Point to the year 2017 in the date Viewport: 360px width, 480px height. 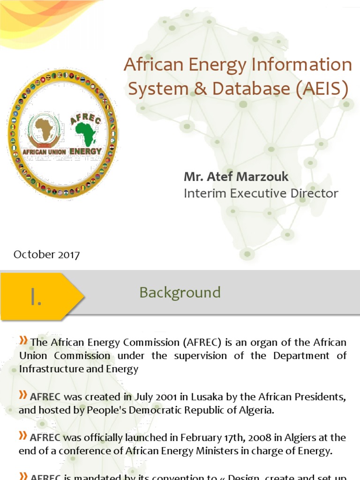point(68,255)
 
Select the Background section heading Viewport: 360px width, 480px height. point(180,292)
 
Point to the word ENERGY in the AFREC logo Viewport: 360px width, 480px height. point(85,151)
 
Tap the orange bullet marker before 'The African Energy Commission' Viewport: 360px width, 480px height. point(23,341)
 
